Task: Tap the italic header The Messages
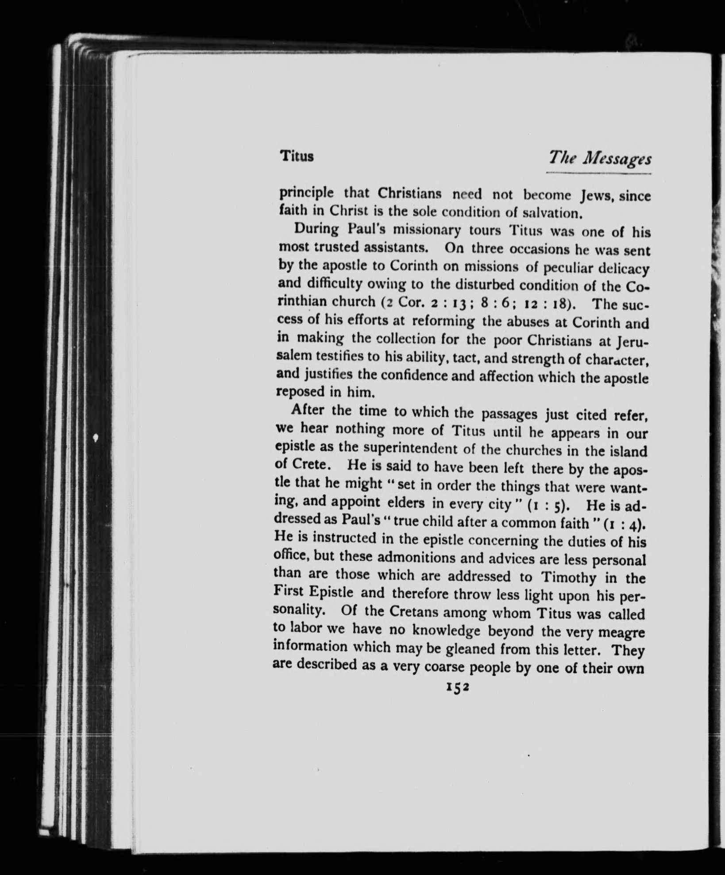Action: [599, 158]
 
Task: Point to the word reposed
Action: [300, 393]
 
